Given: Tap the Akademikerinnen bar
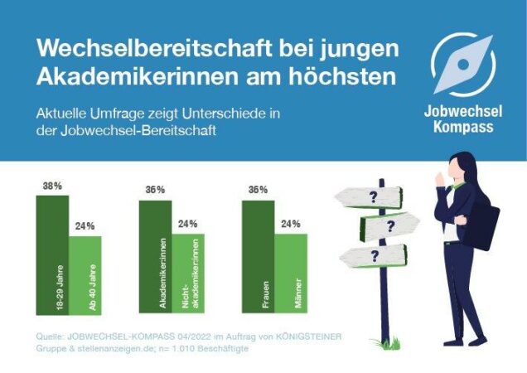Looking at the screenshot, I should pyautogui.click(x=155, y=258).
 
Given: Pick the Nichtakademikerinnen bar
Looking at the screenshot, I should pyautogui.click(x=187, y=274).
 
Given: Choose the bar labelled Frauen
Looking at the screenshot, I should pyautogui.click(x=258, y=258).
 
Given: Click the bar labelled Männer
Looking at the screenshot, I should pyautogui.click(x=290, y=274).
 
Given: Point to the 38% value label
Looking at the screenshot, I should pyautogui.click(x=52, y=186).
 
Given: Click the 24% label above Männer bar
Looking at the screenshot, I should pyautogui.click(x=290, y=224).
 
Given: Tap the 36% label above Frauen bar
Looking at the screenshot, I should pyautogui.click(x=258, y=190).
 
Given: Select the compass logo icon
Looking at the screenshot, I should pyautogui.click(x=463, y=65).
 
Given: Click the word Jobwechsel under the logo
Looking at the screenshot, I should pyautogui.click(x=463, y=111).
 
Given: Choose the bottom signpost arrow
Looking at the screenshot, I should pyautogui.click(x=375, y=256).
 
